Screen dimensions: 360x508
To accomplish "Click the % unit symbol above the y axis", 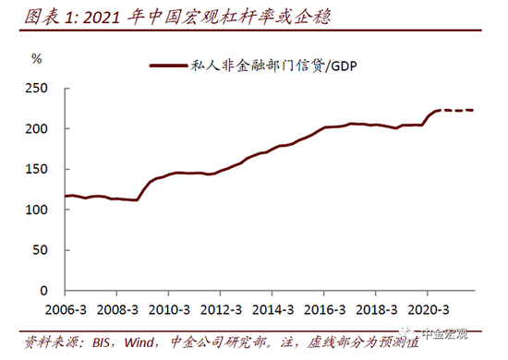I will [37, 58].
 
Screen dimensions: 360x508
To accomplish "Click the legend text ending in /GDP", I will [276, 66].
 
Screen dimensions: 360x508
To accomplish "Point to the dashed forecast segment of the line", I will [458, 110].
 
